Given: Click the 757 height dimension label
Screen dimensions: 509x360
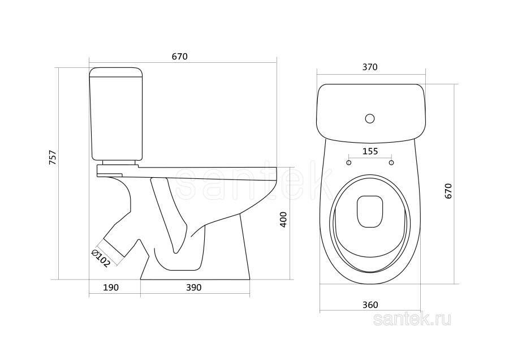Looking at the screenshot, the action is point(53,157).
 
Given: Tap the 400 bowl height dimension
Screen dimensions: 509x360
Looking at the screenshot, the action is point(283,219).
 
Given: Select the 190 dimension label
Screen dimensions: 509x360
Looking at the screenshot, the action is point(111,288).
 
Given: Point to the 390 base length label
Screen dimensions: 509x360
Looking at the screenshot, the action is point(194,288).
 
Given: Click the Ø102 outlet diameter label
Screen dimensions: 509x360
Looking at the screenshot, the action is point(101,259).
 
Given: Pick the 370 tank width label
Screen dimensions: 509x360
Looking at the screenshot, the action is point(370,67).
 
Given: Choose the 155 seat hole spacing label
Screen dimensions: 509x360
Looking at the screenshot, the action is point(370,151).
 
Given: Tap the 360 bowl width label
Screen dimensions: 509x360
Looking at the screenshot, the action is point(370,305).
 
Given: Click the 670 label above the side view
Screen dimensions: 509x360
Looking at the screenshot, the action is point(179,57).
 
